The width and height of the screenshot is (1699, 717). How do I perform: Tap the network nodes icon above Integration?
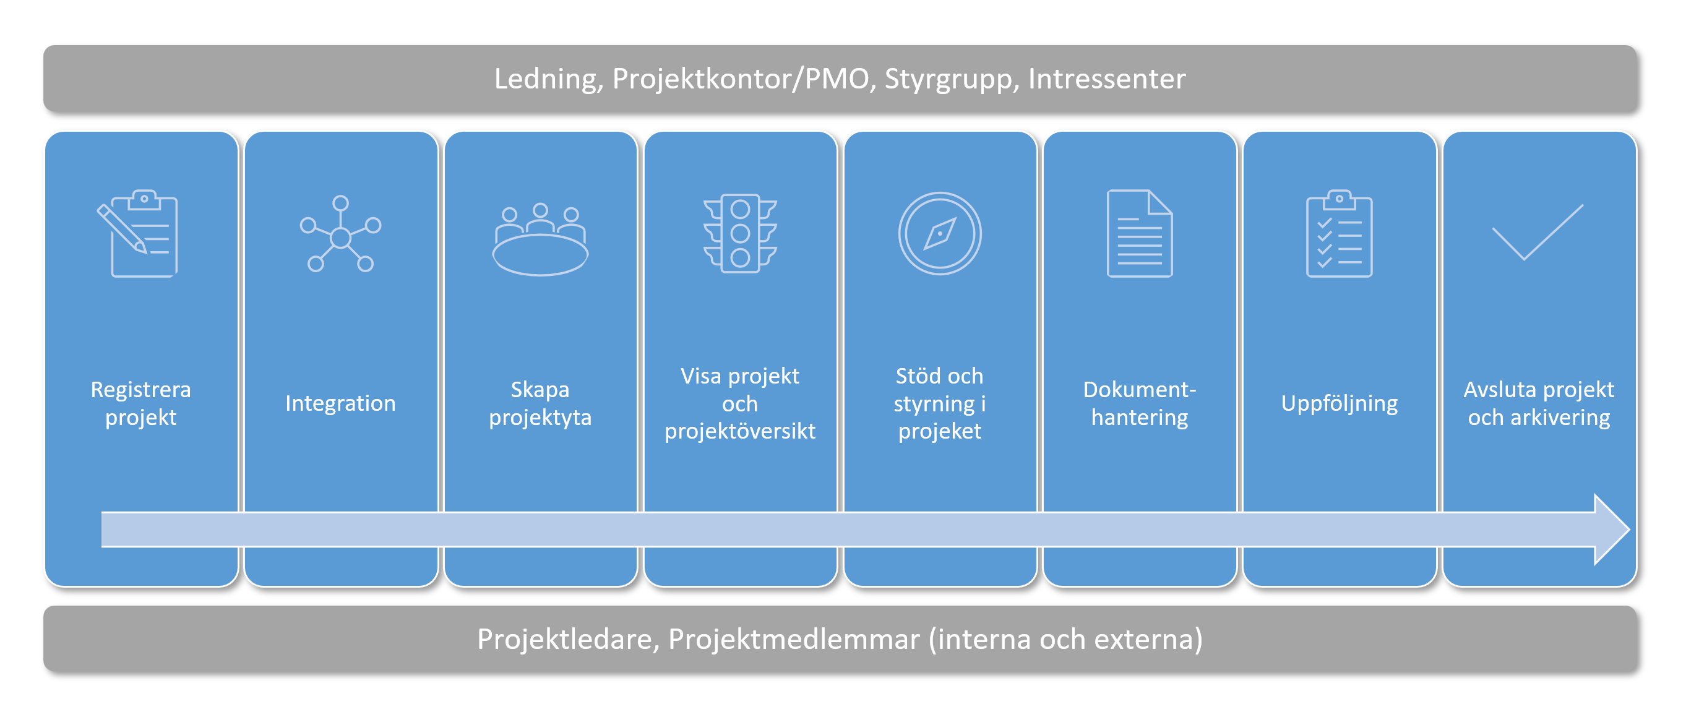point(340,233)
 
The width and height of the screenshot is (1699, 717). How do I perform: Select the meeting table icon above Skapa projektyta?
point(540,239)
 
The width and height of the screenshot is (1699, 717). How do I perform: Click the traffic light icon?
point(740,233)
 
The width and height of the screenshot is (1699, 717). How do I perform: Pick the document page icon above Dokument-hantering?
point(1140,233)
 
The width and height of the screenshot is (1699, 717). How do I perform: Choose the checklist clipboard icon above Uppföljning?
point(1340,233)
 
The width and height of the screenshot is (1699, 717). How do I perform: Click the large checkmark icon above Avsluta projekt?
point(1537,233)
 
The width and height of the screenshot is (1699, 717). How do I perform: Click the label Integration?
point(340,403)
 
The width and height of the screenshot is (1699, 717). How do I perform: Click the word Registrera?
point(140,390)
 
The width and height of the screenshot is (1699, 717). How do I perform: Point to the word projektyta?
point(540,418)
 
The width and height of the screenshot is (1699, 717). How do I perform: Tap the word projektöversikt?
point(740,431)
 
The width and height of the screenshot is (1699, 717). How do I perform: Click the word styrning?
point(934,405)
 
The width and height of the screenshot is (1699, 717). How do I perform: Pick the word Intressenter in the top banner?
point(1107,79)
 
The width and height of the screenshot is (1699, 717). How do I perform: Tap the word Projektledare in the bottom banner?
point(568,640)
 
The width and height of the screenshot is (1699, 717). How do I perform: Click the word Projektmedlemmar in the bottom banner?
point(794,639)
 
